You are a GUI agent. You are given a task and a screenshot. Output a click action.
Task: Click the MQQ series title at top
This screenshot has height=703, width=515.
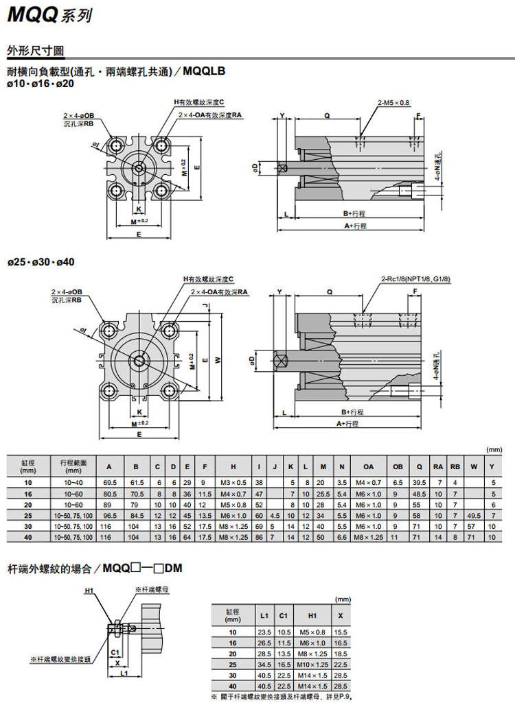tap(48, 15)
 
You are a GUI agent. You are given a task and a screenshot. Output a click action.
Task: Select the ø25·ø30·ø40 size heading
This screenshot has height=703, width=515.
tap(41, 262)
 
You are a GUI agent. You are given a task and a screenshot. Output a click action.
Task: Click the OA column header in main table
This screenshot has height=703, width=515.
tap(369, 466)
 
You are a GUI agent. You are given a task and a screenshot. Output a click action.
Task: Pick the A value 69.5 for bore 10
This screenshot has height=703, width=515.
tap(110, 483)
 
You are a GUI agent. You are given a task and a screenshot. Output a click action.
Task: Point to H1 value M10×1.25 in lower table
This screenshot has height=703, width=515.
tap(312, 665)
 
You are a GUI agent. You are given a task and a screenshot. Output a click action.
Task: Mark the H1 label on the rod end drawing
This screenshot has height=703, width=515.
tap(89, 590)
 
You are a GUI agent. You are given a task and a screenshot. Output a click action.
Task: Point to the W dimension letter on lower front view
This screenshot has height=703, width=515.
tap(218, 360)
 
